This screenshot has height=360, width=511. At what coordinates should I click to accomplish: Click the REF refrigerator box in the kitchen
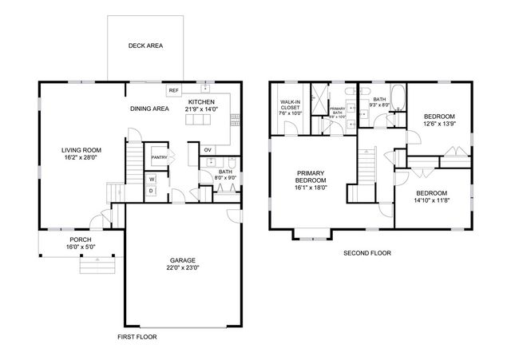pos(172,91)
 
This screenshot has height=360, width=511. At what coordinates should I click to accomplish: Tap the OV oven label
pos(208,150)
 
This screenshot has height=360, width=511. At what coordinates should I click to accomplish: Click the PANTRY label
pos(159,157)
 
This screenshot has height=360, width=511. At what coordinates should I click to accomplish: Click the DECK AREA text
pos(145,46)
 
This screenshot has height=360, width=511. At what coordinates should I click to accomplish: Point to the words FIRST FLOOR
pos(137,338)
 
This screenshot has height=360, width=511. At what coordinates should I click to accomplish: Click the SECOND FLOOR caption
pos(366,253)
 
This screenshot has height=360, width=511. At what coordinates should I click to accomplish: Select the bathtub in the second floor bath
pos(400,100)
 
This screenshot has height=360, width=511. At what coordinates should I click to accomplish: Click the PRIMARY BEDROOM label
pos(311,180)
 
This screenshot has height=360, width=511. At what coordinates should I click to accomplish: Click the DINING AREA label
pos(149,109)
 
